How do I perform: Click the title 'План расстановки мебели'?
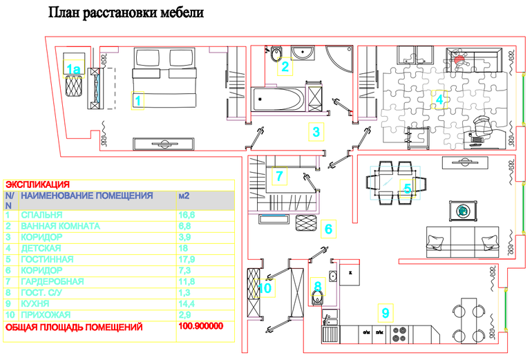tap(126, 13)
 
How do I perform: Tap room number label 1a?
tap(74, 68)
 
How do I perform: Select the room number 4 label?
tap(439, 98)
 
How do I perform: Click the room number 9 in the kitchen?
tap(385, 313)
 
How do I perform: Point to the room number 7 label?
tap(278, 176)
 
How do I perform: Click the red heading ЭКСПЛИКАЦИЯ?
tap(37, 184)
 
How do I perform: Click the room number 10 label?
tap(265, 287)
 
